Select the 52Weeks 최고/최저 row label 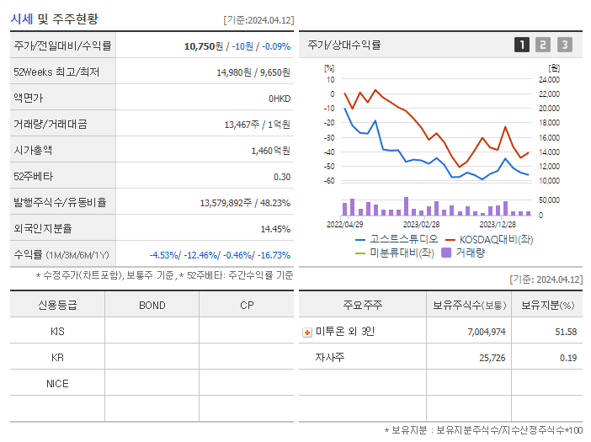[56, 72]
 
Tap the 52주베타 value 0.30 [282, 177]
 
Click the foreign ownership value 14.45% [275, 229]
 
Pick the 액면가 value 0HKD [280, 99]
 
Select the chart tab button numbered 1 [522, 45]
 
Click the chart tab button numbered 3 [564, 45]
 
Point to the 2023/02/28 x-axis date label [421, 225]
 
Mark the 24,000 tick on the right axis [548, 79]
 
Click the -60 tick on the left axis [329, 181]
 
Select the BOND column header [152, 305]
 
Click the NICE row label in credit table [57, 384]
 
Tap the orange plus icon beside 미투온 [306, 332]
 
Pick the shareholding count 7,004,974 [486, 332]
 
